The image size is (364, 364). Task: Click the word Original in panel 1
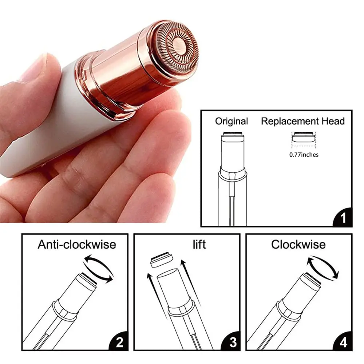(232, 121)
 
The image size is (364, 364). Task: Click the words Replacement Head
(302, 121)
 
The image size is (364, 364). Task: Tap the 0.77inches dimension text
(304, 155)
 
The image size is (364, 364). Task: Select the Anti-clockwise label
(77, 244)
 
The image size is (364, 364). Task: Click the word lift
(199, 244)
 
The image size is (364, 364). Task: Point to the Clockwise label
(298, 244)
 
